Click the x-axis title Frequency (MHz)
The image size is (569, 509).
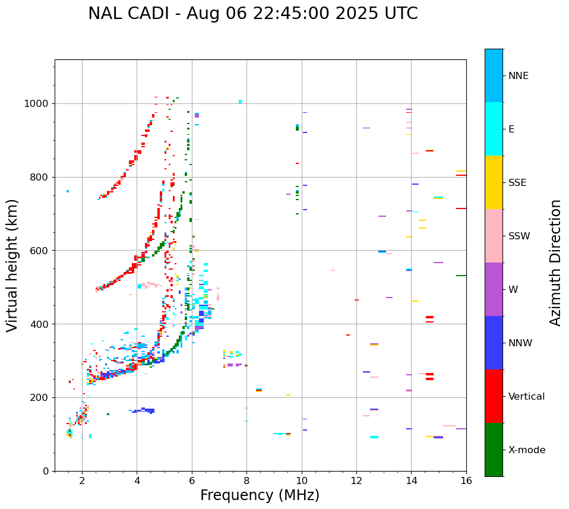coord(260,495)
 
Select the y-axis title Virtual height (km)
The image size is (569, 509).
coord(12,265)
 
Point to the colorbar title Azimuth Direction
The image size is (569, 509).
coord(555,262)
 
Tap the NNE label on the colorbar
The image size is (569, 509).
coord(519,76)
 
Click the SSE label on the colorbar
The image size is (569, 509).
coord(517,182)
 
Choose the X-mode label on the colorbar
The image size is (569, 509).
coord(527,450)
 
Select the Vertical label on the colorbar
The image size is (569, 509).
coord(526,397)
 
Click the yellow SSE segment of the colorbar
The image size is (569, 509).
coord(494,182)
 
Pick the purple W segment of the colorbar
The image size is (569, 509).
coord(494,289)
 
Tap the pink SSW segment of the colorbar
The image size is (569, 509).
coord(494,236)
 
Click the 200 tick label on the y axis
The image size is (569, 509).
coord(42,397)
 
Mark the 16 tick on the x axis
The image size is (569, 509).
coord(466,480)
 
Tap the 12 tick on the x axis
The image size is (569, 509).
coord(356,480)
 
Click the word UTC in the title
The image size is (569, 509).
coord(400,14)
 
